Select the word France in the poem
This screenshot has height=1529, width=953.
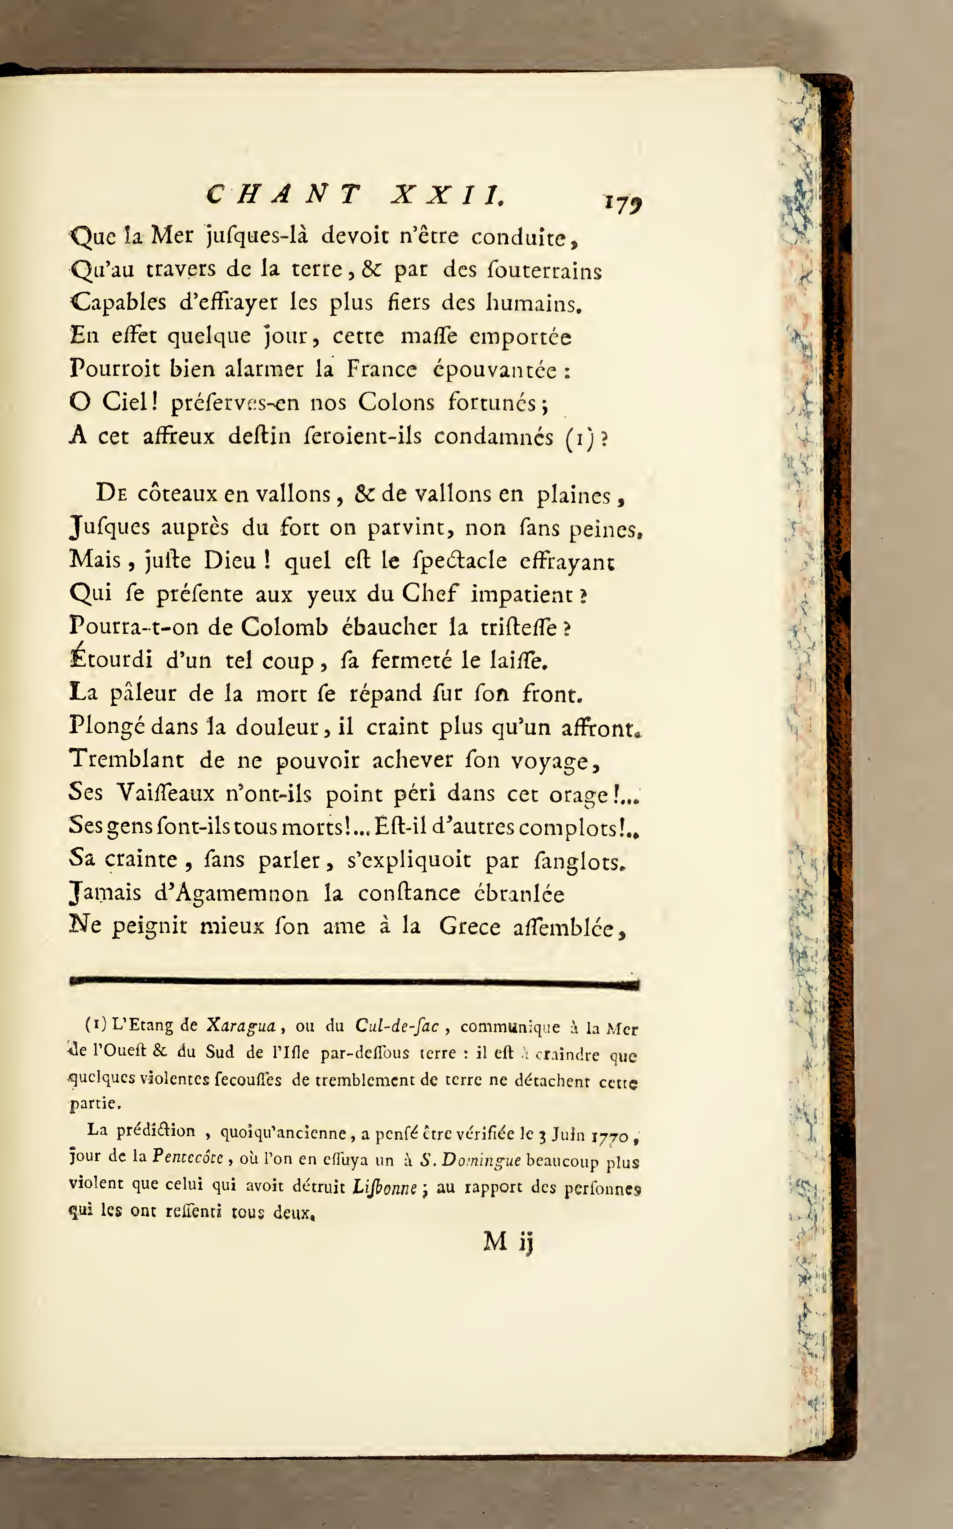381,369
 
